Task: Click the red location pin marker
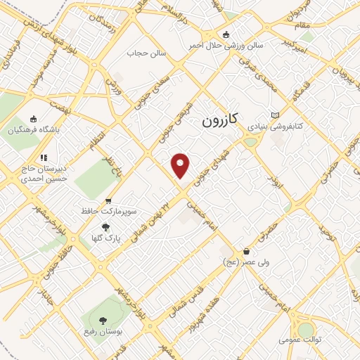(181, 165)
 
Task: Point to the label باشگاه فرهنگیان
(34, 130)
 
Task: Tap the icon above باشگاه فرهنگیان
(33, 119)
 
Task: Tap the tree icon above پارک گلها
(105, 227)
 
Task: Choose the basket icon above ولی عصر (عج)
(245, 251)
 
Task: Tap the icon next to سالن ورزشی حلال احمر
(225, 34)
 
